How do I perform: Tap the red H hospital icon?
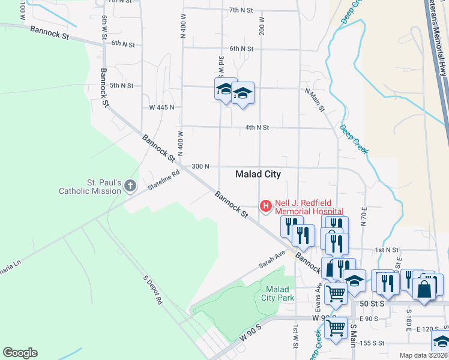tap(265, 206)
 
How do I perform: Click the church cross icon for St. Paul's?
tap(130, 187)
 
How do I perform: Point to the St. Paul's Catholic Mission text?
tap(90, 187)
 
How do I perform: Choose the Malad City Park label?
tap(278, 293)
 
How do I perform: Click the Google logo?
tap(20, 353)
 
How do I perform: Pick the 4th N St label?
tap(257, 128)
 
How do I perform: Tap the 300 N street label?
tap(200, 166)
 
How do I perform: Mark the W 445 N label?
tap(161, 107)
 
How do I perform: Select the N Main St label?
tap(315, 100)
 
